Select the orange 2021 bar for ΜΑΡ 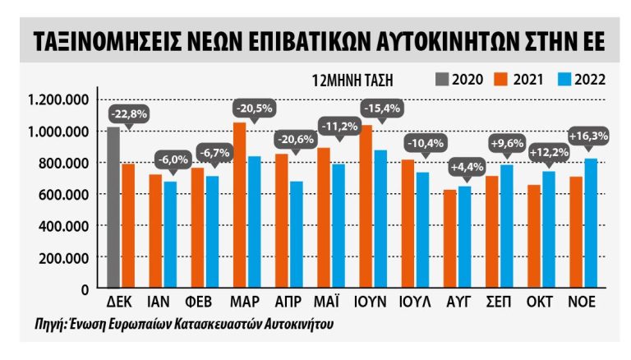(x=239, y=205)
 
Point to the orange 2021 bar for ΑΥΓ (x=449, y=238)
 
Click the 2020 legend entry (x=458, y=80)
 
